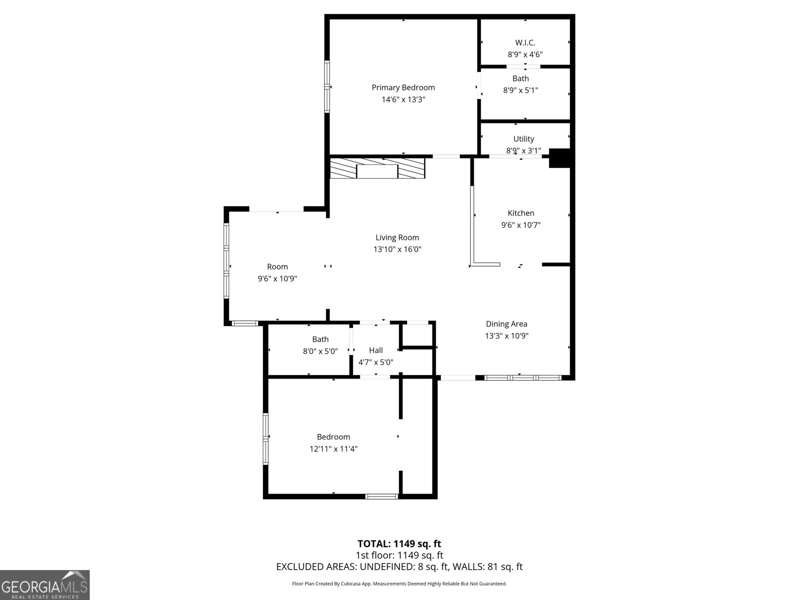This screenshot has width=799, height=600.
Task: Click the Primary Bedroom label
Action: (403, 87)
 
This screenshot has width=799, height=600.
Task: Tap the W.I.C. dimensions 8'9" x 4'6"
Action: (525, 54)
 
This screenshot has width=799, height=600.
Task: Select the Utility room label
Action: (523, 138)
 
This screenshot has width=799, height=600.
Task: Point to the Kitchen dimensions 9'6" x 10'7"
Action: (521, 225)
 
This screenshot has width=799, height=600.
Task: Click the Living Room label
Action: (397, 237)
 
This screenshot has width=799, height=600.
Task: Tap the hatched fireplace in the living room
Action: (378, 168)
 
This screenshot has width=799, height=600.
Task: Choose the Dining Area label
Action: (506, 324)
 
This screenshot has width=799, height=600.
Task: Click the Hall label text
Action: (376, 350)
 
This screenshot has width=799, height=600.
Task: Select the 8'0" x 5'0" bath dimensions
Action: (320, 351)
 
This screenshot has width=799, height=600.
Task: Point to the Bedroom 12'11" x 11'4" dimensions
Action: (333, 449)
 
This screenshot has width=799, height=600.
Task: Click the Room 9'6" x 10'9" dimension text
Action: (277, 279)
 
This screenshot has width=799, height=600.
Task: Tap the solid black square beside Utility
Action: (559, 157)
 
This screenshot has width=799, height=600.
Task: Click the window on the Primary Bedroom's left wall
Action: (327, 86)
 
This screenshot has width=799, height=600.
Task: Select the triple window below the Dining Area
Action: (523, 377)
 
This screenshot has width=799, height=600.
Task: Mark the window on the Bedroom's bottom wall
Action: (382, 496)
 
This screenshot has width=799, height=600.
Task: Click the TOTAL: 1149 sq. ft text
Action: (399, 543)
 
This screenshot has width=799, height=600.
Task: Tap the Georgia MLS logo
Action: (44, 585)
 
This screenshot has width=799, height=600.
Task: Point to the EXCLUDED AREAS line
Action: (399, 566)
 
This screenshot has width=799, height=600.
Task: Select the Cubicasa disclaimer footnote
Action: (399, 583)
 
